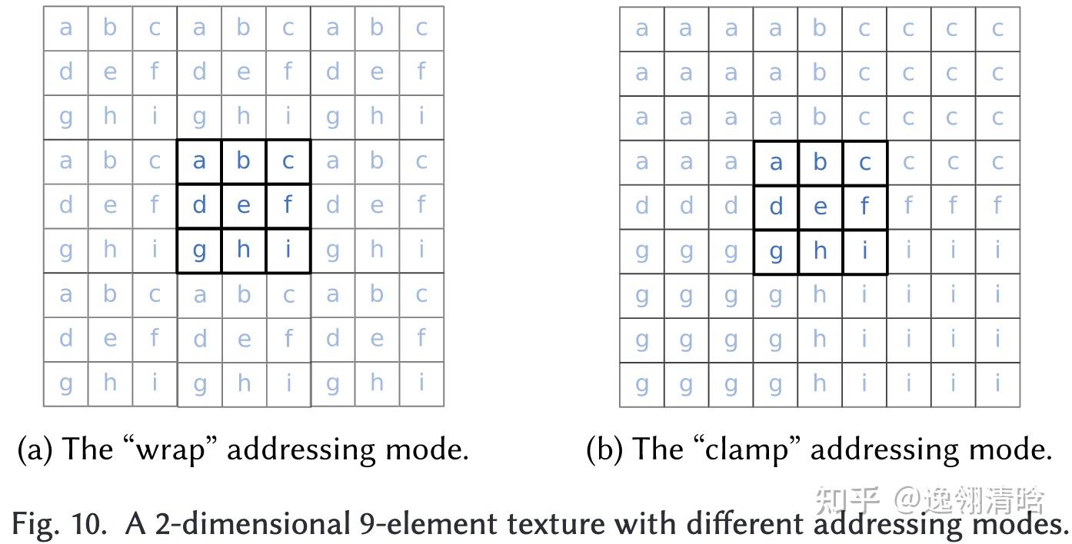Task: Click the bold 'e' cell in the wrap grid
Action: tap(244, 206)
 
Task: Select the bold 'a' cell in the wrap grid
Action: tap(199, 161)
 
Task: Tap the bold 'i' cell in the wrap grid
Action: tap(288, 250)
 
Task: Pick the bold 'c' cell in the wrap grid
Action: tap(288, 161)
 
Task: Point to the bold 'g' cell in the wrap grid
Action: tap(199, 250)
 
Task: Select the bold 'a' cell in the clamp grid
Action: tap(776, 163)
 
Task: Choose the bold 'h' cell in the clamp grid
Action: tap(821, 251)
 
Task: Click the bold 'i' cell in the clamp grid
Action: tap(865, 251)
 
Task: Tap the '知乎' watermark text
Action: tap(847, 499)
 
